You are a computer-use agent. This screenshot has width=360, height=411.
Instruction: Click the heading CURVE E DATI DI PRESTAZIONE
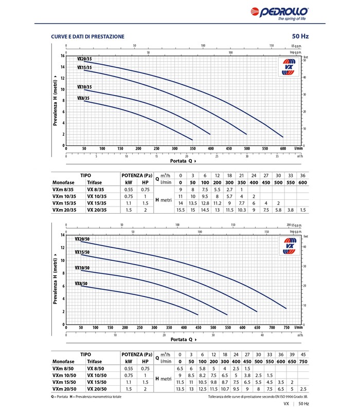coord(87,36)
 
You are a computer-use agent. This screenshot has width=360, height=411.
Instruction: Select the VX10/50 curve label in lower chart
coord(82,268)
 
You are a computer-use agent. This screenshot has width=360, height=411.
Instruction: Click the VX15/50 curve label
coord(82,252)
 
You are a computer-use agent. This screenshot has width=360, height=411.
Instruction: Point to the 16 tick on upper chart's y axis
coord(62,55)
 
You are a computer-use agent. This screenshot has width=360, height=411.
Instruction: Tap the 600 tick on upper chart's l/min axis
coord(283,148)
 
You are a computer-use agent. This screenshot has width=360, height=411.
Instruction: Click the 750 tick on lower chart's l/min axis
coord(286,327)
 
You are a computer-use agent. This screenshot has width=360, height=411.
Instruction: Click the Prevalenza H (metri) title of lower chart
coord(55,279)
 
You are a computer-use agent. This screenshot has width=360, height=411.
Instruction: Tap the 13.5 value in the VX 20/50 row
coord(180,388)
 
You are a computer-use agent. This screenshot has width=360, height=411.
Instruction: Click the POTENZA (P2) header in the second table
coord(137,354)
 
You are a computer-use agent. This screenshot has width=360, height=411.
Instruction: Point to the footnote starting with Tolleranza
coord(259,397)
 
